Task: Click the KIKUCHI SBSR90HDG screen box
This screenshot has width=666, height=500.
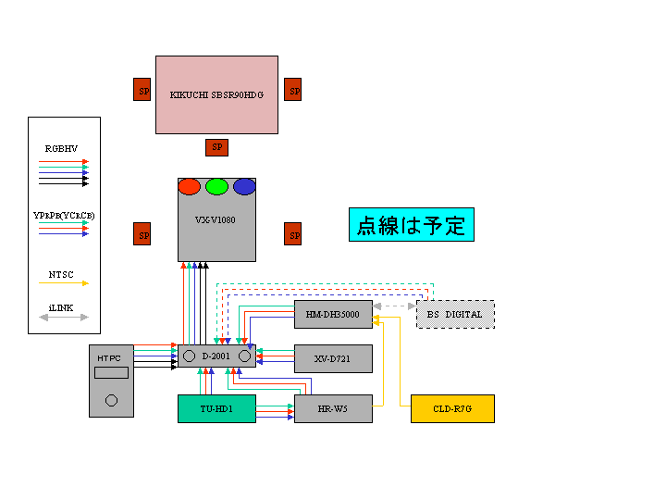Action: point(216,94)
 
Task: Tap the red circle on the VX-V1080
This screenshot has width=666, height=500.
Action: point(189,186)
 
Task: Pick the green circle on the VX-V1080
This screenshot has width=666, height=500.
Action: point(216,186)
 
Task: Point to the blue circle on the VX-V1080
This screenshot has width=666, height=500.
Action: point(244,186)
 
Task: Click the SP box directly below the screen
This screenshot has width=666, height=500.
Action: point(216,147)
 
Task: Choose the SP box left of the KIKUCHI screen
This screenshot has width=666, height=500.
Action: point(142,90)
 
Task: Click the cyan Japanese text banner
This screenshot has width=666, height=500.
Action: point(411,224)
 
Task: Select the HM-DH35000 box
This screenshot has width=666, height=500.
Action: point(333,315)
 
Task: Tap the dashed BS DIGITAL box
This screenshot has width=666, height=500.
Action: point(455,315)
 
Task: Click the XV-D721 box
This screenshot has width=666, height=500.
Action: point(333,358)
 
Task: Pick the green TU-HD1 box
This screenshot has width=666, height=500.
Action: point(216,408)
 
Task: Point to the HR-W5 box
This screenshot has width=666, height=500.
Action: point(333,408)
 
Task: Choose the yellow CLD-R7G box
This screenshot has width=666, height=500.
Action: point(452,408)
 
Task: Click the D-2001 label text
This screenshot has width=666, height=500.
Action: point(216,356)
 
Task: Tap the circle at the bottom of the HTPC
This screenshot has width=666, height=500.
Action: point(112,401)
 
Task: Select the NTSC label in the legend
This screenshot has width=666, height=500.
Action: point(62,274)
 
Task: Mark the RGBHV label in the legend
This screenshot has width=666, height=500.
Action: point(62,148)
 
